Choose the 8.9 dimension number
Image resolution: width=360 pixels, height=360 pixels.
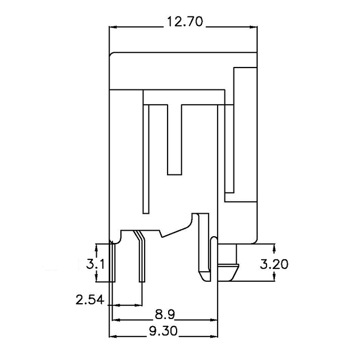point(164,313)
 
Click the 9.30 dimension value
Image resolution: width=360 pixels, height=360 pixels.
point(164,332)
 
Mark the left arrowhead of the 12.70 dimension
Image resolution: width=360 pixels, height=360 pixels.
point(112,26)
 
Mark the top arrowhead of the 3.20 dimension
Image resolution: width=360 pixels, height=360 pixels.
point(274,247)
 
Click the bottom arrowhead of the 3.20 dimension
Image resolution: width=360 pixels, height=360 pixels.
point(274,280)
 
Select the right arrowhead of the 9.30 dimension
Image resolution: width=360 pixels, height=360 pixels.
point(215,337)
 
